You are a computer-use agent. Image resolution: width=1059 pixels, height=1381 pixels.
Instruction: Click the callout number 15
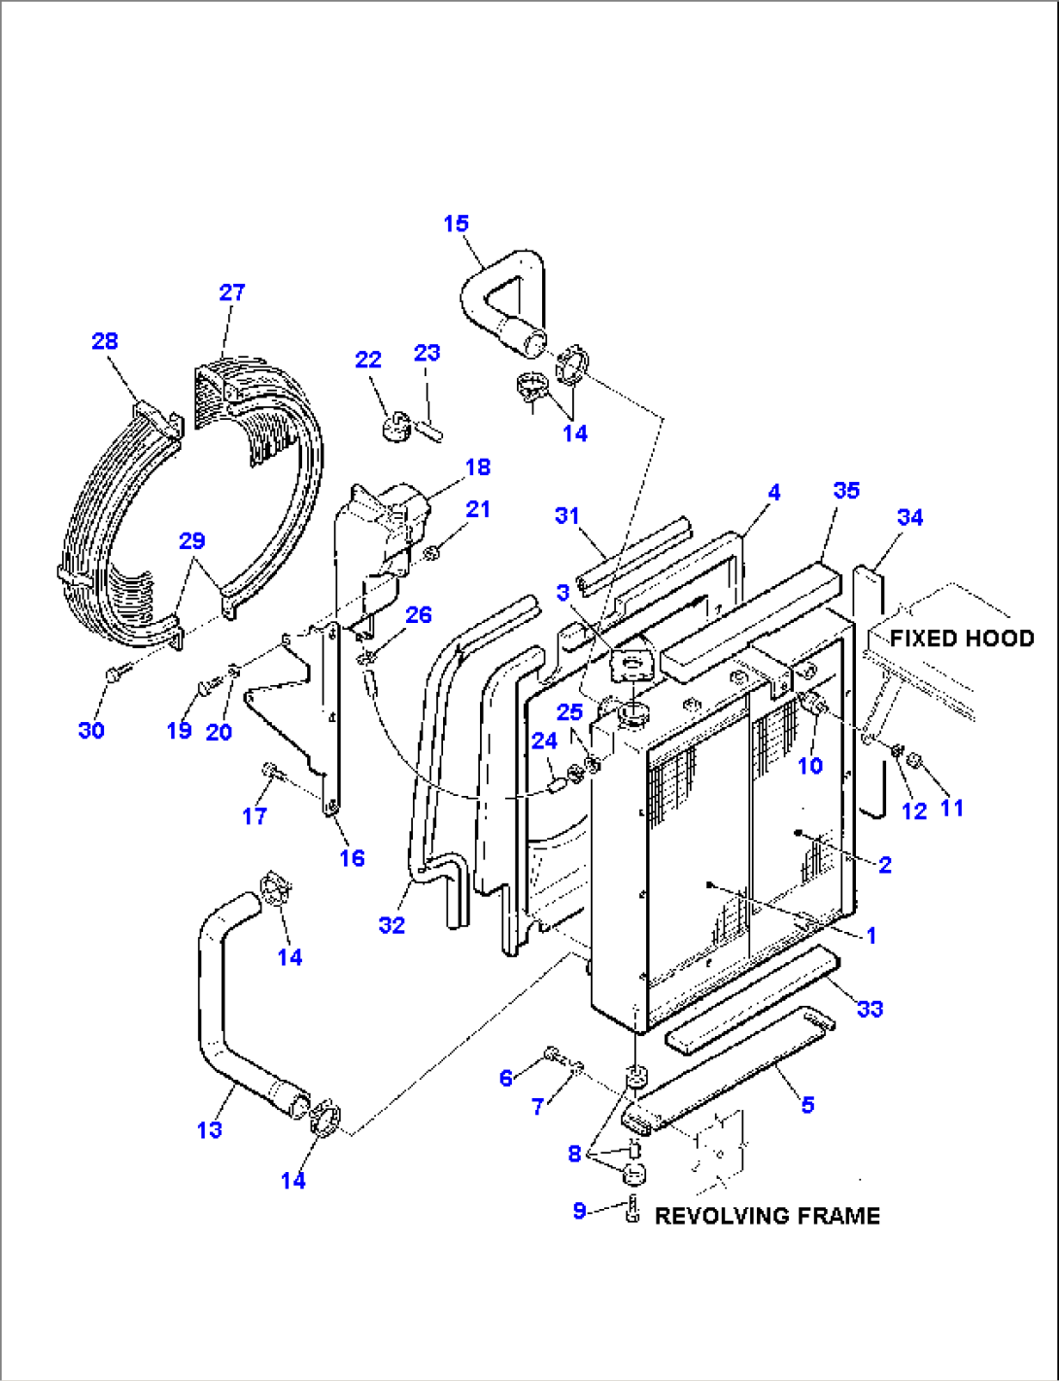(456, 224)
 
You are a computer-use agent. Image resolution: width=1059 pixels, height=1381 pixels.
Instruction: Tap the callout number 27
(232, 292)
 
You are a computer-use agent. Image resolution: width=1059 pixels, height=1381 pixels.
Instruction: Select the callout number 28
(105, 341)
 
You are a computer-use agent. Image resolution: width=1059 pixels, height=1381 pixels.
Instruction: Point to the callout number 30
(91, 730)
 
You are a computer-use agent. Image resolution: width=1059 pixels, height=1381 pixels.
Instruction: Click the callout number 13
(210, 1129)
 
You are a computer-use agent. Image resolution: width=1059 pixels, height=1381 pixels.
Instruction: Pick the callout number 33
(870, 1009)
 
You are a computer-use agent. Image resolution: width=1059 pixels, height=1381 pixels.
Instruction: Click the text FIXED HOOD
(961, 639)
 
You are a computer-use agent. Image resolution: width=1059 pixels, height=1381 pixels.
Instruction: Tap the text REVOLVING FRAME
(767, 1216)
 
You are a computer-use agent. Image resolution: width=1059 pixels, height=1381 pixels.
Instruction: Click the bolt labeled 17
(271, 772)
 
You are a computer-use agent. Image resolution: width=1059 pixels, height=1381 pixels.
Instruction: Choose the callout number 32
(392, 924)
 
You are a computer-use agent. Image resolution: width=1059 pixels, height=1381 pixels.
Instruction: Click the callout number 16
(352, 857)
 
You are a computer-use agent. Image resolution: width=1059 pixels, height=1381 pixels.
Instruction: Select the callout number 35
(846, 490)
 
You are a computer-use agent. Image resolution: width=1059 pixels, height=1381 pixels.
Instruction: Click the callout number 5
(807, 1104)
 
